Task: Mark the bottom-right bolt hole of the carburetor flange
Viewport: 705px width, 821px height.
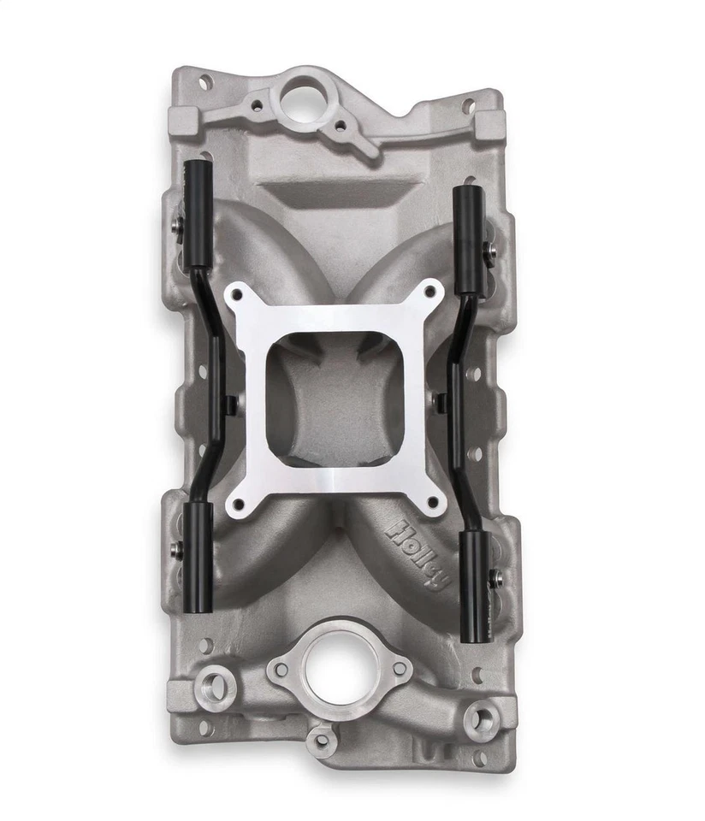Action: pyautogui.click(x=433, y=501)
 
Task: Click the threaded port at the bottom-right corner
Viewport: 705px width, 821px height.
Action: pyautogui.click(x=480, y=717)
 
